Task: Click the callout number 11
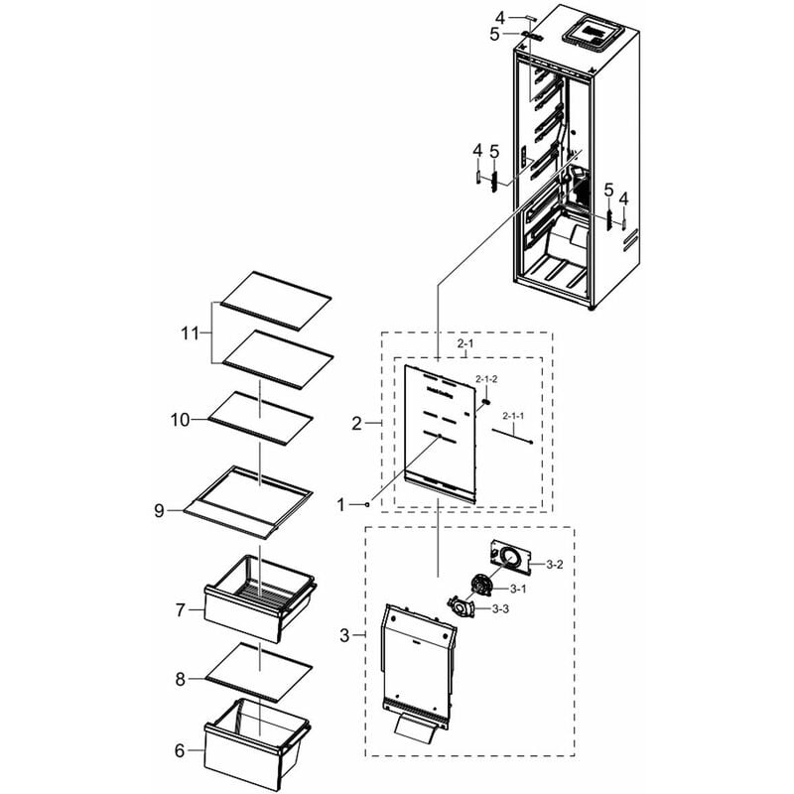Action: click(x=190, y=333)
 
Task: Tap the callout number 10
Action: click(x=180, y=420)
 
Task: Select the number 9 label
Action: click(x=159, y=511)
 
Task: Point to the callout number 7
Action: click(x=181, y=610)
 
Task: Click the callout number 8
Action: click(x=181, y=679)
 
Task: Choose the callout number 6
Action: click(x=180, y=750)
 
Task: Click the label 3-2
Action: click(x=555, y=564)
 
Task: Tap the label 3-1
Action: click(x=517, y=589)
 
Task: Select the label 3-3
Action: click(x=500, y=609)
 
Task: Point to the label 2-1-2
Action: click(x=486, y=379)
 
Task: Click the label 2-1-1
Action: click(x=513, y=416)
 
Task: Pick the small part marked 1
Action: click(x=367, y=504)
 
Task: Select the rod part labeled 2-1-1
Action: click(x=511, y=437)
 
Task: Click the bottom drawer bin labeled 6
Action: click(x=256, y=744)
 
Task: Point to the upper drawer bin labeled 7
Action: click(x=260, y=598)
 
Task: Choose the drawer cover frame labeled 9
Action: click(x=248, y=502)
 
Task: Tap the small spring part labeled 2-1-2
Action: click(x=485, y=402)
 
